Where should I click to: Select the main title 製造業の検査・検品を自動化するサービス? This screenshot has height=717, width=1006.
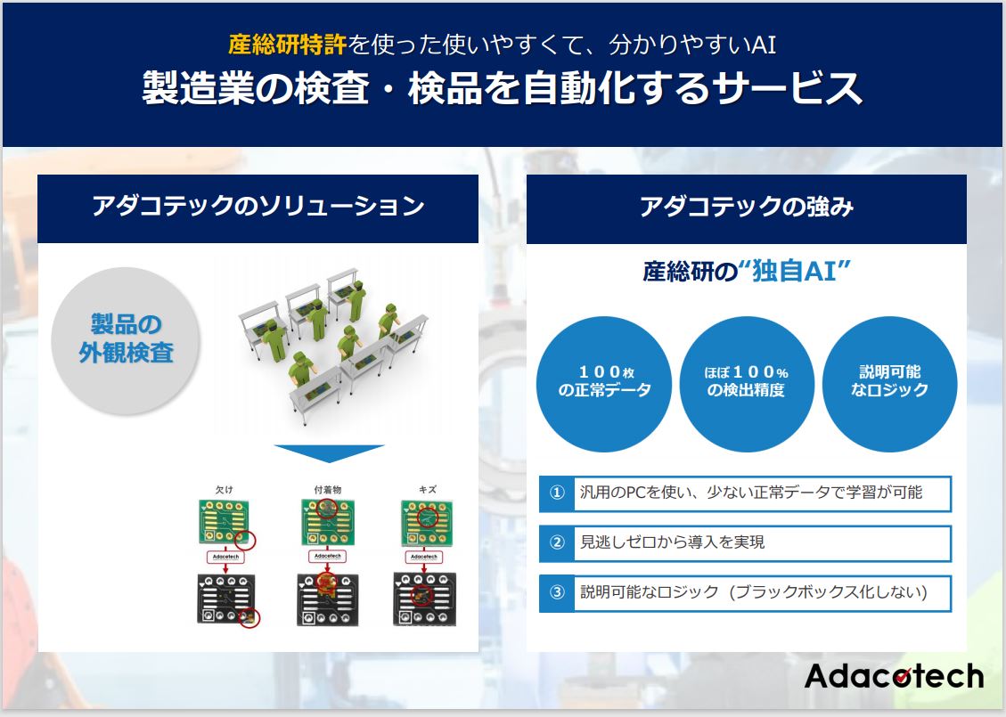pyautogui.click(x=502, y=88)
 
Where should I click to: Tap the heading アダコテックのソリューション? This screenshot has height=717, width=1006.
pyautogui.click(x=258, y=208)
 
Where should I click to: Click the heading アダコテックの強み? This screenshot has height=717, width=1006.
pyautogui.click(x=746, y=208)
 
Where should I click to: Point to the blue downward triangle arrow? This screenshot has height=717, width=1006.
pyautogui.click(x=329, y=453)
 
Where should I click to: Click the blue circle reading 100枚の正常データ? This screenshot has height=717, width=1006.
pyautogui.click(x=604, y=383)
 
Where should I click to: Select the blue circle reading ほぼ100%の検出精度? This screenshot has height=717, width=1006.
pyautogui.click(x=746, y=383)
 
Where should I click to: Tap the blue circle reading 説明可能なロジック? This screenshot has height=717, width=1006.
pyautogui.click(x=889, y=383)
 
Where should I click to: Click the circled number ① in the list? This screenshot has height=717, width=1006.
pyautogui.click(x=557, y=493)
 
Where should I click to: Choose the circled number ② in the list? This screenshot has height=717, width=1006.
pyautogui.click(x=557, y=542)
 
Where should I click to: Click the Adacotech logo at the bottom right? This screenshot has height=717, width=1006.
pyautogui.click(x=894, y=676)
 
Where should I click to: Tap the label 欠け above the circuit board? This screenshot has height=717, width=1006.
pyautogui.click(x=224, y=489)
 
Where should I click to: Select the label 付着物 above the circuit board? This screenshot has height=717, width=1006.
pyautogui.click(x=326, y=489)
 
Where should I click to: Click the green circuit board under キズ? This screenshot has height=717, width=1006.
pyautogui.click(x=424, y=522)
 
